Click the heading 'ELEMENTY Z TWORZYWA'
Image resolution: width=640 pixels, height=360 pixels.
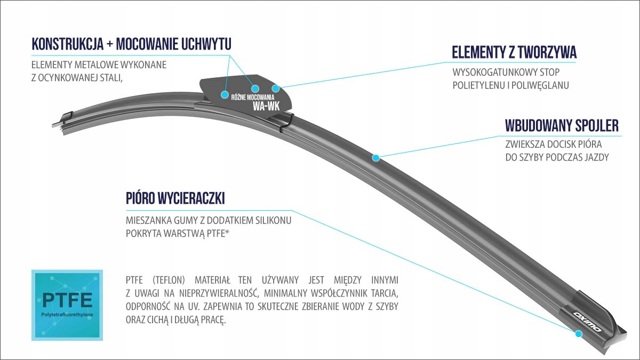[514, 52]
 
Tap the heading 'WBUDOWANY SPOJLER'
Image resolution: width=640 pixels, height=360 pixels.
[562, 125]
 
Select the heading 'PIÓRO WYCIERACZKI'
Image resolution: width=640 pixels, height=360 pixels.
[175, 198]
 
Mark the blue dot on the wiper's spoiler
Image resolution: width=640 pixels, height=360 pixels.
[375, 157]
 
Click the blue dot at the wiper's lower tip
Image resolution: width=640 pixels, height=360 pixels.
[578, 334]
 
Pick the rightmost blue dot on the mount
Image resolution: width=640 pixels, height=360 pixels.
[276, 88]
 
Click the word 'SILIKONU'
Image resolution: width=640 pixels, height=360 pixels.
[273, 219]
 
